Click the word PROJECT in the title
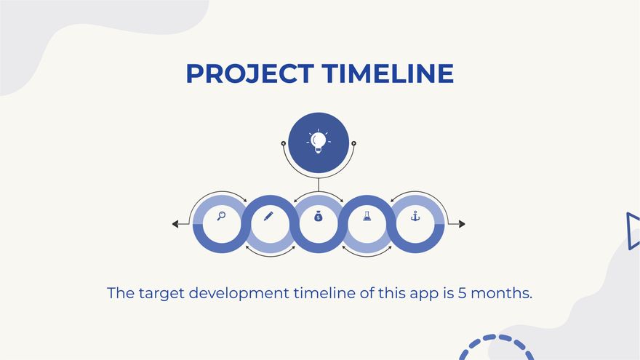pyautogui.click(x=249, y=73)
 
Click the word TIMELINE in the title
pyautogui.click(x=388, y=73)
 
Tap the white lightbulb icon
pyautogui.click(x=319, y=141)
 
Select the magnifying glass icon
pyautogui.click(x=221, y=216)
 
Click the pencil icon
pyautogui.click(x=268, y=216)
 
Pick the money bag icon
pyautogui.click(x=319, y=216)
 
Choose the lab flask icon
pyautogui.click(x=367, y=216)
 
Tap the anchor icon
pyautogui.click(x=415, y=216)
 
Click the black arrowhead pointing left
pyautogui.click(x=175, y=224)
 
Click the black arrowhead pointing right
pyautogui.click(x=462, y=224)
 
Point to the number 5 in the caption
pyautogui.click(x=462, y=293)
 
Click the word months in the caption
pyautogui.click(x=501, y=293)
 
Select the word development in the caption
pyautogui.click(x=239, y=294)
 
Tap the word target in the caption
pyautogui.click(x=161, y=294)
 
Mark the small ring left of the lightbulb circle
pyautogui.click(x=284, y=143)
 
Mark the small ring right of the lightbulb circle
pyautogui.click(x=353, y=143)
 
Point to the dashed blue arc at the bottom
pyautogui.click(x=496, y=338)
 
